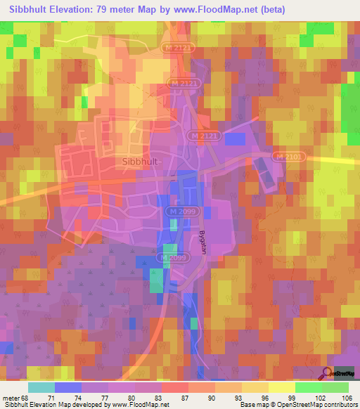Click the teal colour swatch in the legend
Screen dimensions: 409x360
(x=41, y=387)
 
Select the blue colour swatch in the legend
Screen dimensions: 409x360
(x=68, y=387)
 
